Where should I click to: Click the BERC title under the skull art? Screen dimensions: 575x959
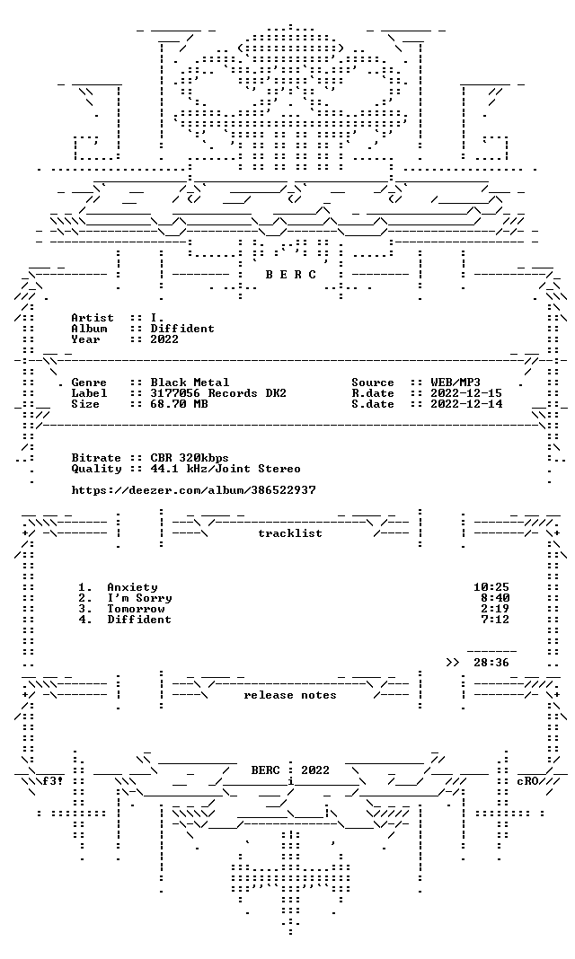tap(290, 275)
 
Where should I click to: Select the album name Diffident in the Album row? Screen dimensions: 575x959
tap(182, 329)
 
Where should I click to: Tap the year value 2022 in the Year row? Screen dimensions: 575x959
tap(164, 339)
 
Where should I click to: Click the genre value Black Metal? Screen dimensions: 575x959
tap(190, 383)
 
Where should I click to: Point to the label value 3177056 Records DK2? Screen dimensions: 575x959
tap(218, 393)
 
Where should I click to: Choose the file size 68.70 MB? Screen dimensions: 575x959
tap(179, 404)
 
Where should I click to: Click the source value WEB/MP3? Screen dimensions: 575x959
tap(456, 383)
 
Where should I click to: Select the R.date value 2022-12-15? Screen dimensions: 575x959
tap(466, 393)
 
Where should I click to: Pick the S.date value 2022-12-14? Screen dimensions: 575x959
tap(466, 404)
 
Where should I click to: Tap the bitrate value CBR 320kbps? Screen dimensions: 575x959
tap(190, 458)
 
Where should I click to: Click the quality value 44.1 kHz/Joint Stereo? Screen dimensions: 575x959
tap(226, 469)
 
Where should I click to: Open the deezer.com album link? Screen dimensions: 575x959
tap(193, 490)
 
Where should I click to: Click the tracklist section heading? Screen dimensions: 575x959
tap(290, 533)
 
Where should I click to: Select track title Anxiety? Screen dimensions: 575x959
tap(132, 587)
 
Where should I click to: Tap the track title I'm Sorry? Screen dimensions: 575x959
tap(139, 598)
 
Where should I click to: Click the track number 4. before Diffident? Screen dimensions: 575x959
tap(85, 620)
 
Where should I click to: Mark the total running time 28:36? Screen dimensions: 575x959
tap(491, 663)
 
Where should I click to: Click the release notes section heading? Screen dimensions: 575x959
tap(290, 695)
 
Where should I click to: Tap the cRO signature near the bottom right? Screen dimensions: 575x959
tap(527, 781)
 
